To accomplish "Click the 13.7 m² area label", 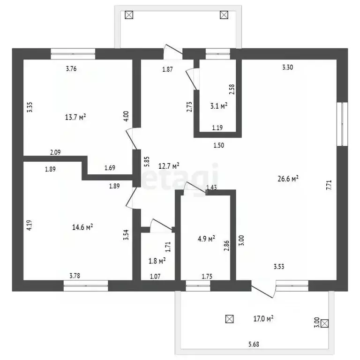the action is [75, 117].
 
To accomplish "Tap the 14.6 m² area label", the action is [82, 227].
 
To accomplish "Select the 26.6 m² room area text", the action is [288, 179].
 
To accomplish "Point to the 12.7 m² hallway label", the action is [169, 166].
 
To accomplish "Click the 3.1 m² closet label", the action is [219, 106].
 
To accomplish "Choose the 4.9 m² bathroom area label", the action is [206, 239].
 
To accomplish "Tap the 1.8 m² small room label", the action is [157, 261].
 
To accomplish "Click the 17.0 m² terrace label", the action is [263, 319].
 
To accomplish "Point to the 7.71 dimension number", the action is [329, 185].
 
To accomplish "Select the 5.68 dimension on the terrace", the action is [254, 345].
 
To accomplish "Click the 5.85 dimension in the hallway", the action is [147, 161].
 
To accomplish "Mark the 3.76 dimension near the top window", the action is [71, 68].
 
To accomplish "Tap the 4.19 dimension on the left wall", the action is [30, 225].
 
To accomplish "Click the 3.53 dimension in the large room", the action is [279, 267].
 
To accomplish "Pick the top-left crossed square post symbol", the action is [129, 15].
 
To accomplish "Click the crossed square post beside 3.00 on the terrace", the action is [324, 323].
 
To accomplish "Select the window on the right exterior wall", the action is [342, 124].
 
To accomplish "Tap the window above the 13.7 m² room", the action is [73, 54].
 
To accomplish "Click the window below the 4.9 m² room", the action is [198, 286].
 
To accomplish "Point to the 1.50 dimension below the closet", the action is [218, 145].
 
